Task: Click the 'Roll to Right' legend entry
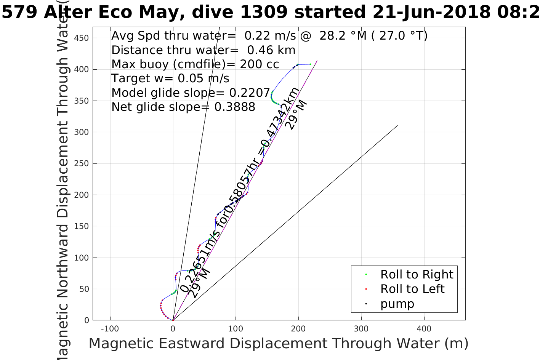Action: click(417, 274)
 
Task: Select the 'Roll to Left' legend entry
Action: click(412, 289)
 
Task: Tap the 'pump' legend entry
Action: click(397, 304)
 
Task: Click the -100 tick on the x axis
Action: click(110, 329)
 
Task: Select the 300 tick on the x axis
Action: click(361, 329)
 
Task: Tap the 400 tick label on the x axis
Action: click(424, 329)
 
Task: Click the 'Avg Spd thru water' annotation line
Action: click(269, 36)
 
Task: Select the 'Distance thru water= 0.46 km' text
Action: click(203, 50)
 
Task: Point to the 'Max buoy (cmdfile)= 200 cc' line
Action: click(195, 64)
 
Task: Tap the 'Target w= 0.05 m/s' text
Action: click(170, 78)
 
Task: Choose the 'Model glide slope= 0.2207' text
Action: click(191, 93)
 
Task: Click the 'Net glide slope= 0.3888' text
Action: click(183, 107)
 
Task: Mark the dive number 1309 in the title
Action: click(264, 12)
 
